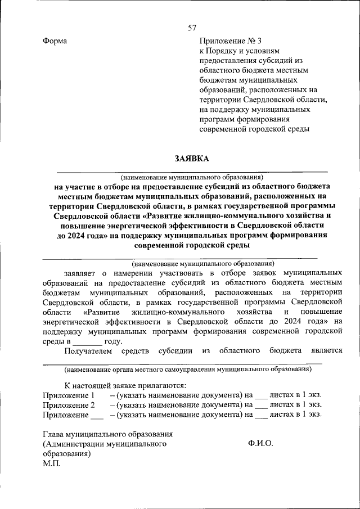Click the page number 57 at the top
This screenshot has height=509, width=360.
(192, 28)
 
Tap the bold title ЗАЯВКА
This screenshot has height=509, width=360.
(191, 159)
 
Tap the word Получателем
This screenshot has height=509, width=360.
(89, 351)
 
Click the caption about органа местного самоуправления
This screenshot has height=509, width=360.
(187, 370)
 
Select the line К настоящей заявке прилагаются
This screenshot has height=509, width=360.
(125, 385)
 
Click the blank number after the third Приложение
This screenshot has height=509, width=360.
(97, 415)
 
